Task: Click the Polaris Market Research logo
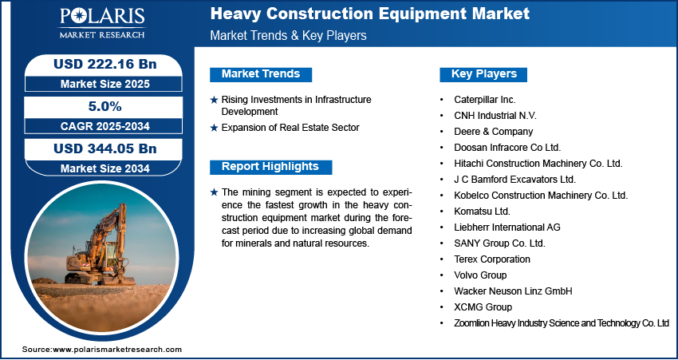(102, 23)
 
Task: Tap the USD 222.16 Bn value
(104, 64)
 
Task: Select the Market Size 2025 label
(104, 84)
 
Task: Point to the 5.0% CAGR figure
(104, 106)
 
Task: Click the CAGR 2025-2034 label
(104, 126)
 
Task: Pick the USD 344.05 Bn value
(104, 148)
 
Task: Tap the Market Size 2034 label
(104, 168)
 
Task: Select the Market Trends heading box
(261, 74)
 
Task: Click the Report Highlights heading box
(270, 167)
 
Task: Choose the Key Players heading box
(483, 74)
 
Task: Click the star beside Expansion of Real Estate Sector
(214, 128)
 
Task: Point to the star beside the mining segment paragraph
(214, 192)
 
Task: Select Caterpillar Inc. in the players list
(485, 100)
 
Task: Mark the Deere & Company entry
(494, 132)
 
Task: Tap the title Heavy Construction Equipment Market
(369, 14)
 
